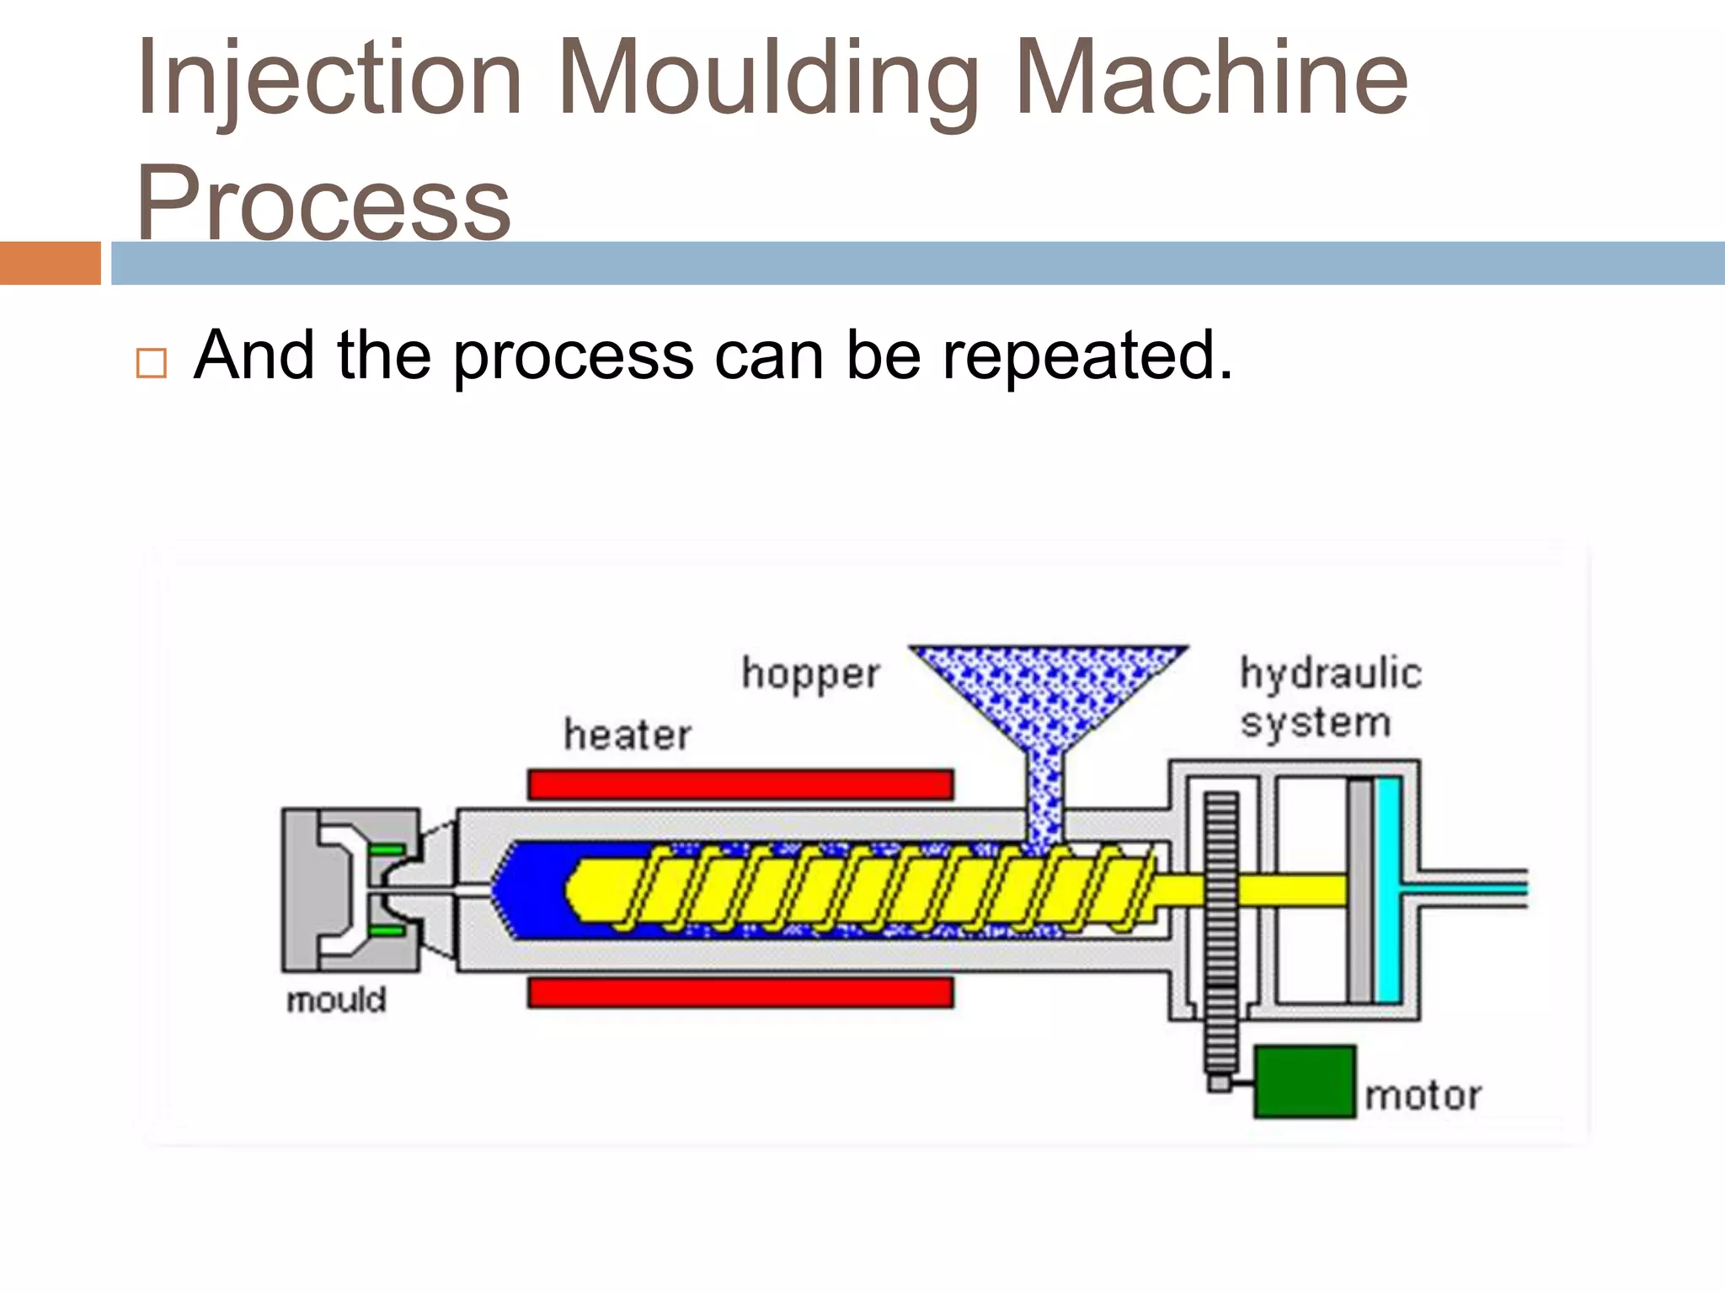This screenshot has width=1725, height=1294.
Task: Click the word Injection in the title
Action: click(329, 80)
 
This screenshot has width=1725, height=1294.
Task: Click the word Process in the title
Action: click(323, 203)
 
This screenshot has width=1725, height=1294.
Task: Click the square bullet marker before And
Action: click(151, 363)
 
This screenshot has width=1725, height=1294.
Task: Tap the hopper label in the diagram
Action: click(810, 674)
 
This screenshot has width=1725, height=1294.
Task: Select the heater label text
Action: click(628, 735)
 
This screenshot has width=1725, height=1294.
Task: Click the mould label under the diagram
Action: click(336, 1000)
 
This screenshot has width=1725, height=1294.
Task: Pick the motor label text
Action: click(1423, 1096)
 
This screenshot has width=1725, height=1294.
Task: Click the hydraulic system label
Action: click(1330, 698)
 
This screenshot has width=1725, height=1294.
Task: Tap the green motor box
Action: click(1305, 1082)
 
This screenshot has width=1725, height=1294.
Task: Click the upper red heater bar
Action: click(740, 784)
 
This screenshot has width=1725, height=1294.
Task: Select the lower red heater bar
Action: click(740, 992)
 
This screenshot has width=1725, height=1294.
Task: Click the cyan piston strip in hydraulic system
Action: click(1387, 890)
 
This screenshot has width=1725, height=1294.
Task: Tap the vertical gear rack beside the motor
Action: click(1220, 935)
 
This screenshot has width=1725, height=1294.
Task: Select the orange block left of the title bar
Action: click(50, 263)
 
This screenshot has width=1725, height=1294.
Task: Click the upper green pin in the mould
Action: click(387, 850)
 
